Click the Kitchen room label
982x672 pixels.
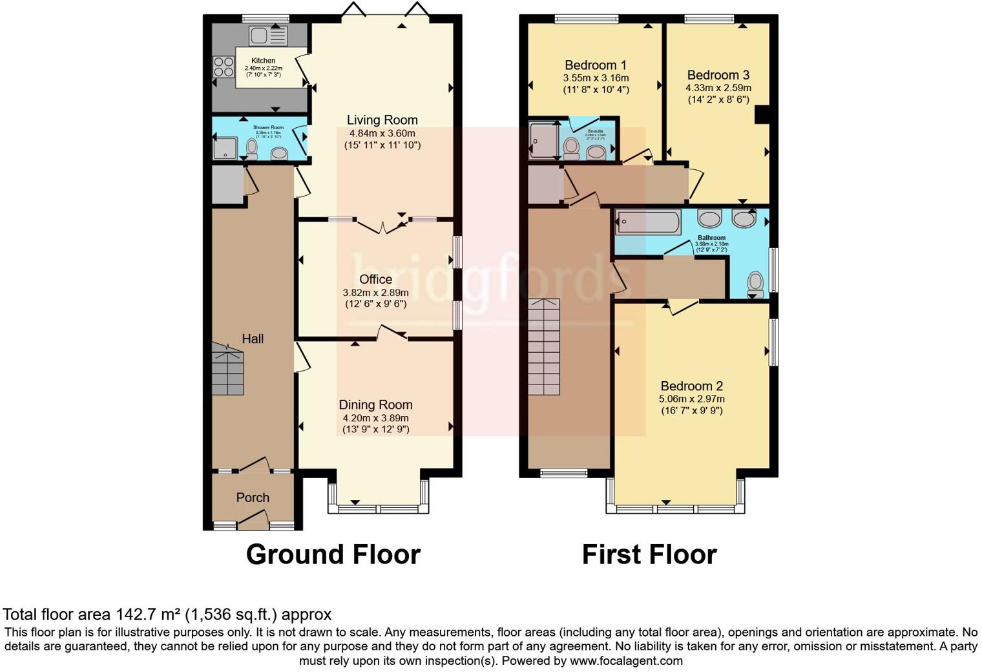263,61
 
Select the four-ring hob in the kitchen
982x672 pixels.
224,67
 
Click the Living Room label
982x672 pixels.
382,120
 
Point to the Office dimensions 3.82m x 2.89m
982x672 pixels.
375,292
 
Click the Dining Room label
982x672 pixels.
375,404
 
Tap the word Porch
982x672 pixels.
253,498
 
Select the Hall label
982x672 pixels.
253,339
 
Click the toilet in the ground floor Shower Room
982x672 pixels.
252,149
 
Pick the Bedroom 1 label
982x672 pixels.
595,65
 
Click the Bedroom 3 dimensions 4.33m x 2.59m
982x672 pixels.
718,88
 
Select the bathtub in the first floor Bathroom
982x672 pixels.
648,223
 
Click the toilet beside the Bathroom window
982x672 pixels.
755,284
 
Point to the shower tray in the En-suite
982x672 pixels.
543,141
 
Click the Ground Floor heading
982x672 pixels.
333,554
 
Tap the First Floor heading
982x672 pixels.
649,554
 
